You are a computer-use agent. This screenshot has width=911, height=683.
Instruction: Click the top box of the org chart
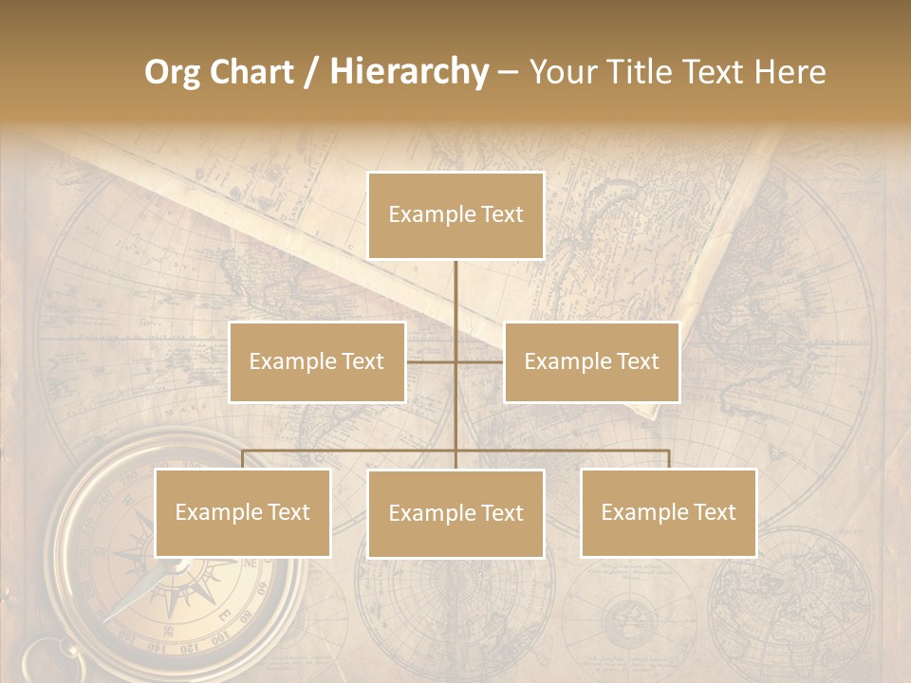pyautogui.click(x=455, y=215)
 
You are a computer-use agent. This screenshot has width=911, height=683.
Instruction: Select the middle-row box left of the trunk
pyautogui.click(x=317, y=361)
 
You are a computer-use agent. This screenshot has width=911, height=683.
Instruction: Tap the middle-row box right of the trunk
pyautogui.click(x=591, y=361)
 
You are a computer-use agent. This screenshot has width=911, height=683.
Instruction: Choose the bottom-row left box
pyautogui.click(x=242, y=512)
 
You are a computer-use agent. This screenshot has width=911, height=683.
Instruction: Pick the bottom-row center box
pyautogui.click(x=455, y=513)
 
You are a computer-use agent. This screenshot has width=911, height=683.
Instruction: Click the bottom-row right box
pyautogui.click(x=668, y=512)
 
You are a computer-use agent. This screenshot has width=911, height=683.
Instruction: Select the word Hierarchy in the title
pyautogui.click(x=408, y=72)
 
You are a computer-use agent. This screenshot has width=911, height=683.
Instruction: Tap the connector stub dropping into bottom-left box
pyautogui.click(x=242, y=459)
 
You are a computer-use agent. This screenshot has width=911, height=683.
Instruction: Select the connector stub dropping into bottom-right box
pyautogui.click(x=669, y=459)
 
